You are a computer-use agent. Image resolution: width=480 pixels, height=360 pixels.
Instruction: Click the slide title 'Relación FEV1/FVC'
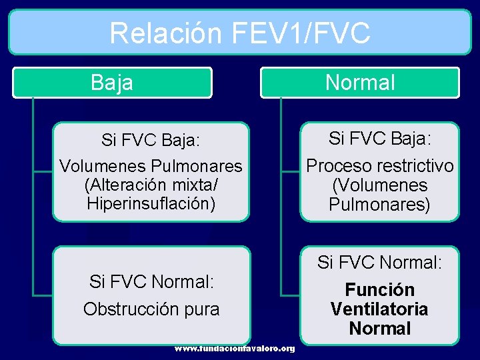[x=239, y=33]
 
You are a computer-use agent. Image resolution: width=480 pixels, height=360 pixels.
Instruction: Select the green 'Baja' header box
[x=112, y=83]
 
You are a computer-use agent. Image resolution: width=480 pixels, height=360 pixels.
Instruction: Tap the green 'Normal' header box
[x=360, y=83]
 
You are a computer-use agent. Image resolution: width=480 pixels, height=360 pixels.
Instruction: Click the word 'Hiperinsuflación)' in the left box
[x=151, y=203]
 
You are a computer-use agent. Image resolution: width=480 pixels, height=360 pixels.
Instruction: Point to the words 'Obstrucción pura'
[x=151, y=309]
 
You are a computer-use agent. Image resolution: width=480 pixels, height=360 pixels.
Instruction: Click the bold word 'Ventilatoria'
[x=379, y=309]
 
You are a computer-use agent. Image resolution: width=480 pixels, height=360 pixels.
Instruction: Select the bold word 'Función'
[x=379, y=290]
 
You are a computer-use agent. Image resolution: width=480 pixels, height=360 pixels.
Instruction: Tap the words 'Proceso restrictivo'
[x=379, y=166]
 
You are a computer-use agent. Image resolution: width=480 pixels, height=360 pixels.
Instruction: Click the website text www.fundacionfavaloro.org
[x=235, y=349]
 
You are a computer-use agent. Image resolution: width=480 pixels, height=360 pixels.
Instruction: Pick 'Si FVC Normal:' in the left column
[x=151, y=282]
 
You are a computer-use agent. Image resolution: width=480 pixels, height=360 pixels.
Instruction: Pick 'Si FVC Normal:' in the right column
[x=379, y=263]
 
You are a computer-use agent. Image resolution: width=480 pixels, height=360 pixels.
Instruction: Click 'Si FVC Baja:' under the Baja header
[x=151, y=141]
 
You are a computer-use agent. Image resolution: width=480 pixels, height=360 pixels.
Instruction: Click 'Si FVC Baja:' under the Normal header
[x=379, y=139]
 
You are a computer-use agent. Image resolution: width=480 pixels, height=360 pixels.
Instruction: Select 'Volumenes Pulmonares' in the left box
[x=151, y=166]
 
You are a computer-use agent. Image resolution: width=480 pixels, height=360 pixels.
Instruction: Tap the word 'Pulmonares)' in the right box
[x=379, y=205]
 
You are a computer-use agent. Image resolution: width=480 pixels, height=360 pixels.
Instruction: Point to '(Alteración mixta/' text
[x=151, y=185]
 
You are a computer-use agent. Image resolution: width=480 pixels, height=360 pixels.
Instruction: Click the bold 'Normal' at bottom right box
[x=379, y=329]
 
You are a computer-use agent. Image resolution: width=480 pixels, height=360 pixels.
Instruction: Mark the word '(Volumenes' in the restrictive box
[x=379, y=185]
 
